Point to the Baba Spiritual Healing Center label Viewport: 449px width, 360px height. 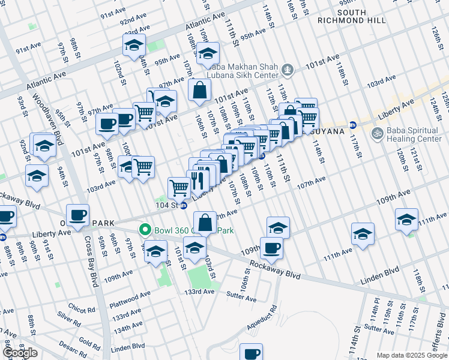(415, 133)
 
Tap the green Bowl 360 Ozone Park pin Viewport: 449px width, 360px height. (144, 230)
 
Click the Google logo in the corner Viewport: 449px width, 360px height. (20, 353)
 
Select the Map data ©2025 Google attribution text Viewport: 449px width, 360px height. (411, 355)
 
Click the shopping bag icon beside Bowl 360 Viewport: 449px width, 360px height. (205, 222)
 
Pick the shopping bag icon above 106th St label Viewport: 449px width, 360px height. (199, 91)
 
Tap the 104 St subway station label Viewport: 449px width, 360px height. (167, 205)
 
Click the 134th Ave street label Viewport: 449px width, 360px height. (128, 326)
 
